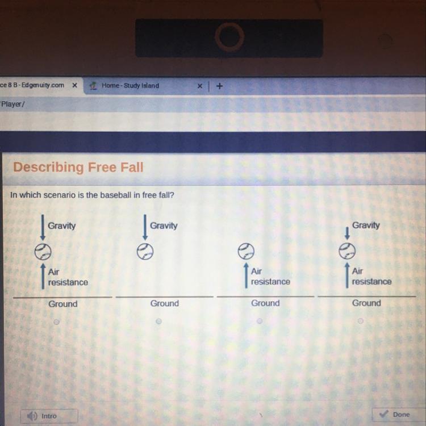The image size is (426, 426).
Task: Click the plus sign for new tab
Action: point(219,86)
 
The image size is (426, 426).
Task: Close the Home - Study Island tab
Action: point(200,86)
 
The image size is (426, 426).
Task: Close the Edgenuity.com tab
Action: point(75,85)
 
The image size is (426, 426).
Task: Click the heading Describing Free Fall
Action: point(78,167)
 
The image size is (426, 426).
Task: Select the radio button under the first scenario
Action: point(56,322)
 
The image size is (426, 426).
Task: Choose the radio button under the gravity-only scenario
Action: point(158,321)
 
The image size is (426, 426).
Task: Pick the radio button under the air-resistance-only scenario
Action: point(260,321)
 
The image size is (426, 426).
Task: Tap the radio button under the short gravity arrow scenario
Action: point(361,321)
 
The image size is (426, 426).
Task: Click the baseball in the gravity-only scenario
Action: point(145,251)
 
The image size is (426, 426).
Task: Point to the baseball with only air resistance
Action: point(246,251)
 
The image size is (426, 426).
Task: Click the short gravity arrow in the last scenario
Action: point(347,233)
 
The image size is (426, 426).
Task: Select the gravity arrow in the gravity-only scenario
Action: point(145,227)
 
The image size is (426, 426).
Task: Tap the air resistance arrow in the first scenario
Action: point(43,276)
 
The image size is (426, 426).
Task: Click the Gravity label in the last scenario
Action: point(366,225)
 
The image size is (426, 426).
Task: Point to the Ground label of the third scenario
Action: point(265,303)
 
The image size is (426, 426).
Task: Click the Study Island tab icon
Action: point(94,86)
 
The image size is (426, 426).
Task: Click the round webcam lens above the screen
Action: point(229,37)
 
